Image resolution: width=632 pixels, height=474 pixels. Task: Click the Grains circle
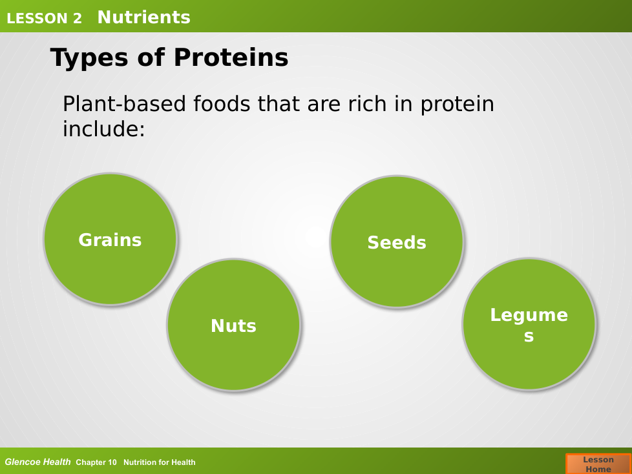tap(110, 239)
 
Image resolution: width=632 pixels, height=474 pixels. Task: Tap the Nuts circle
tap(233, 325)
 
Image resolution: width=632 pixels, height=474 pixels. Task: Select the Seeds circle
tap(397, 242)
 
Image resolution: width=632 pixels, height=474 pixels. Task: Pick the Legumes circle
tap(529, 324)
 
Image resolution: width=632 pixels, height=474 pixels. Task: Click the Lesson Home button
tap(598, 464)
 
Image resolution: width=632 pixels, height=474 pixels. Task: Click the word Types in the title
tap(89, 57)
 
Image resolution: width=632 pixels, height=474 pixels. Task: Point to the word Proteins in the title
tap(231, 57)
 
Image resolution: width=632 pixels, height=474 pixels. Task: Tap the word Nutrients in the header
tap(143, 17)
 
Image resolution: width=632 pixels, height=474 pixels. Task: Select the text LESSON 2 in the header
tap(45, 19)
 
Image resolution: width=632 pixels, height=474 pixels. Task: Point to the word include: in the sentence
tap(103, 129)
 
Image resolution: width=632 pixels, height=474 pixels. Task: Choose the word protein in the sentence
tap(457, 105)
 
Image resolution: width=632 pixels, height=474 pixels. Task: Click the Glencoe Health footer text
tap(37, 462)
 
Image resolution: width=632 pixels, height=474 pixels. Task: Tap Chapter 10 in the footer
tap(96, 462)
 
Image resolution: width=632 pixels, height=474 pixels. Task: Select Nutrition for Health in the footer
tap(159, 462)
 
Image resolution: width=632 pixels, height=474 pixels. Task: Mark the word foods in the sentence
tap(222, 104)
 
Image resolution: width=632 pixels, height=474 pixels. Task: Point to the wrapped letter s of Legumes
tap(529, 336)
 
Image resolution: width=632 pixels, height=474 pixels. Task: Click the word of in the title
tap(151, 57)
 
